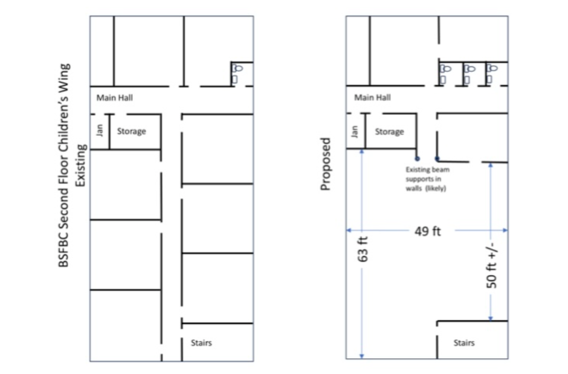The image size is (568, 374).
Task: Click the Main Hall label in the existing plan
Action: click(114, 98)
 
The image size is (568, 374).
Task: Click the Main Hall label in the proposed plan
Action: click(372, 97)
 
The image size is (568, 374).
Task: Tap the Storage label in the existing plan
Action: click(132, 132)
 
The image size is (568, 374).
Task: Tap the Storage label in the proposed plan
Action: click(389, 132)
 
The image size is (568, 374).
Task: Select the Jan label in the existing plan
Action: click(100, 130)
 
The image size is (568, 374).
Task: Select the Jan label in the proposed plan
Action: click(355, 132)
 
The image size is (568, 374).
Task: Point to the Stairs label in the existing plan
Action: click(201, 343)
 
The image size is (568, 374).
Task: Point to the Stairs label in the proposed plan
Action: click(464, 343)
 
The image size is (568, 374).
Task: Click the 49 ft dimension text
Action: click(428, 231)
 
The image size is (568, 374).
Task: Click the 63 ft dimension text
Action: click(363, 249)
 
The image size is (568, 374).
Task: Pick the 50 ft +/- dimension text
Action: click(492, 265)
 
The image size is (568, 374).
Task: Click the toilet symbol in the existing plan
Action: click(236, 74)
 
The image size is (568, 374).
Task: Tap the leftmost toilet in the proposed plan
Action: click(445, 74)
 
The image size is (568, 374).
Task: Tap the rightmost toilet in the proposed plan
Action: click(492, 74)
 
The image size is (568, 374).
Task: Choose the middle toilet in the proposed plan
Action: click(470, 74)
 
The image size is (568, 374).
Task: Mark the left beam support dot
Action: click(418, 159)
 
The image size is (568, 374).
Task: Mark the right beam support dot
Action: click(437, 159)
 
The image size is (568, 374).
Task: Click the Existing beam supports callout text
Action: click(427, 179)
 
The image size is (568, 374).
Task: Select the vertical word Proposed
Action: click(326, 164)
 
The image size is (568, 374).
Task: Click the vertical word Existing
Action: click(81, 165)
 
